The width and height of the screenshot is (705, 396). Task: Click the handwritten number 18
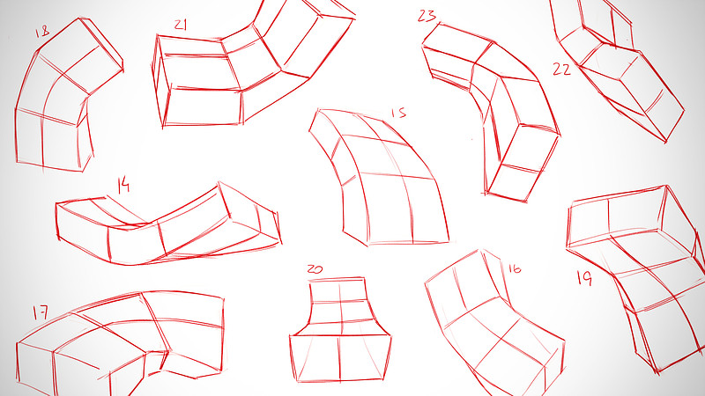pos(41,33)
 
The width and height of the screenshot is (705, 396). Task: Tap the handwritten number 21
pos(181,26)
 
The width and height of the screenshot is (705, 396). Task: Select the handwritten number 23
pos(427,15)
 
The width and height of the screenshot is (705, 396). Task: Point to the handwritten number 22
pos(561,70)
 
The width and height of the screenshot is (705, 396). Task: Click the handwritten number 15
pos(398,113)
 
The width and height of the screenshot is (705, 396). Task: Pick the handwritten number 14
pos(123,184)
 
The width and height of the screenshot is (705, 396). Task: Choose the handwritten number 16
pos(515,268)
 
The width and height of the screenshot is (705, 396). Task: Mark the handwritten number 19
pos(583,278)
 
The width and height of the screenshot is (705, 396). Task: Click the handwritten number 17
pos(40,312)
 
